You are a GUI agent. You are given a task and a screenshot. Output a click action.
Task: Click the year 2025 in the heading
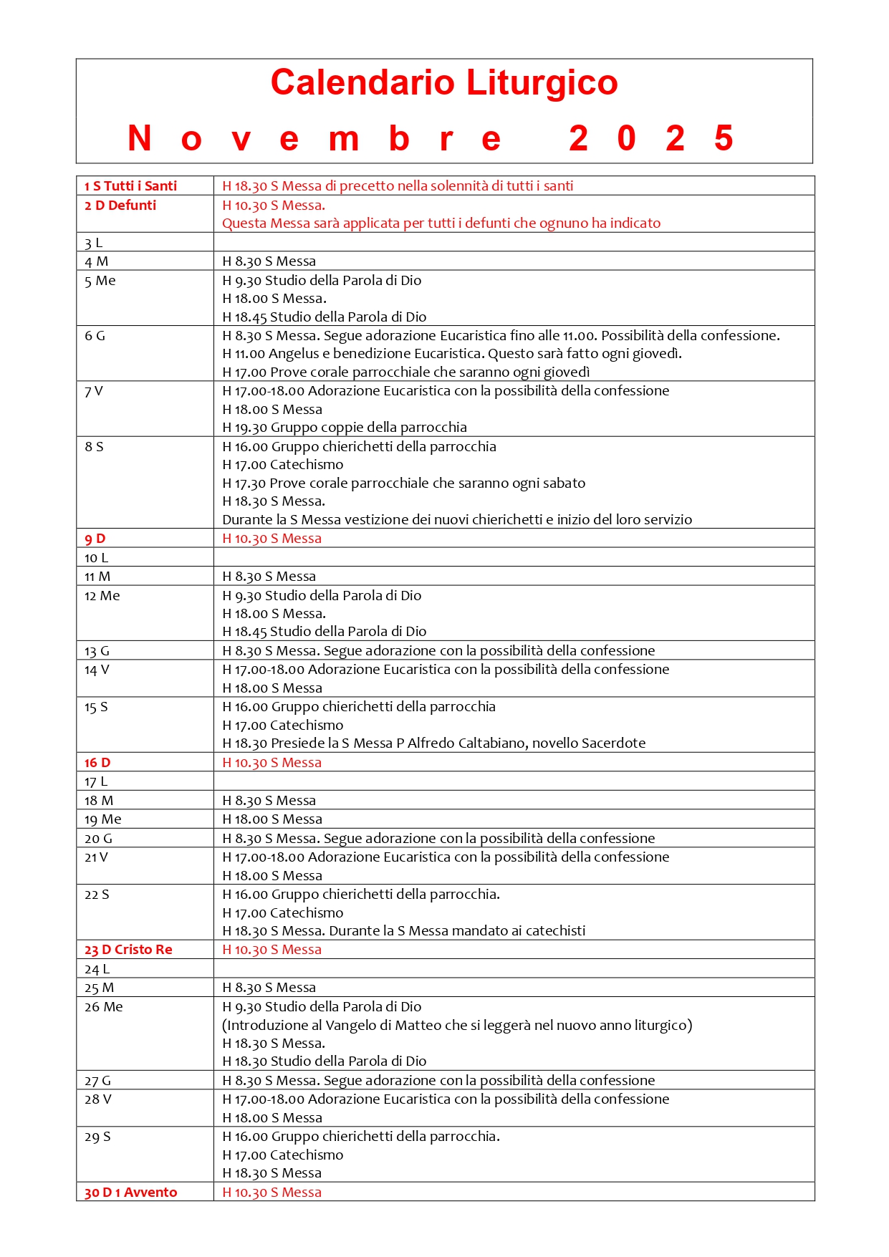pos(651,138)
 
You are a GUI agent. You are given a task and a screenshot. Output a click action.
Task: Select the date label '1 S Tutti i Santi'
pos(130,186)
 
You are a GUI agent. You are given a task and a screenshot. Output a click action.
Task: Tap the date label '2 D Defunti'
pos(120,206)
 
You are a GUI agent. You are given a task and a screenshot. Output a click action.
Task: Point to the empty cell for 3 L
pos(513,242)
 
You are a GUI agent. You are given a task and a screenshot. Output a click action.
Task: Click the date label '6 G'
pos(95,336)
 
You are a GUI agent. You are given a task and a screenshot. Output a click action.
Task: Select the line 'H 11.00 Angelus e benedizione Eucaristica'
pos(452,354)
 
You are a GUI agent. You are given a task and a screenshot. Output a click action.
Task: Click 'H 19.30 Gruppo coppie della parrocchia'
pos(345,428)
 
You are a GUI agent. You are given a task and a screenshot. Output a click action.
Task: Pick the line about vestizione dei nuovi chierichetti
pos(457,520)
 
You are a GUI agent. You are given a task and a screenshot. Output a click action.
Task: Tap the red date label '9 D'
pos(95,539)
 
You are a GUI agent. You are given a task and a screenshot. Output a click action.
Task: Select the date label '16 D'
pos(97,763)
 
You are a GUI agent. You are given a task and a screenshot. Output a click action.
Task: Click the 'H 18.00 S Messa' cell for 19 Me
pos(272,819)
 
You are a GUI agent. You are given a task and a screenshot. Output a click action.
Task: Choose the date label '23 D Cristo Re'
pos(128,950)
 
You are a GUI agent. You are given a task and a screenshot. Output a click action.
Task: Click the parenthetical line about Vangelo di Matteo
pos(457,1026)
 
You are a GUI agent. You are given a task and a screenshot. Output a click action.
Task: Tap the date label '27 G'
pos(97,1081)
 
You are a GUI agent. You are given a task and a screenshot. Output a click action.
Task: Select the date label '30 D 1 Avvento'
pos(130,1193)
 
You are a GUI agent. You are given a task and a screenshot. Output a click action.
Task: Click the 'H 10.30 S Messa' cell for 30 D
pos(272,1193)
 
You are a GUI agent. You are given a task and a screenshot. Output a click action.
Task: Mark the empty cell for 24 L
pos(513,969)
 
